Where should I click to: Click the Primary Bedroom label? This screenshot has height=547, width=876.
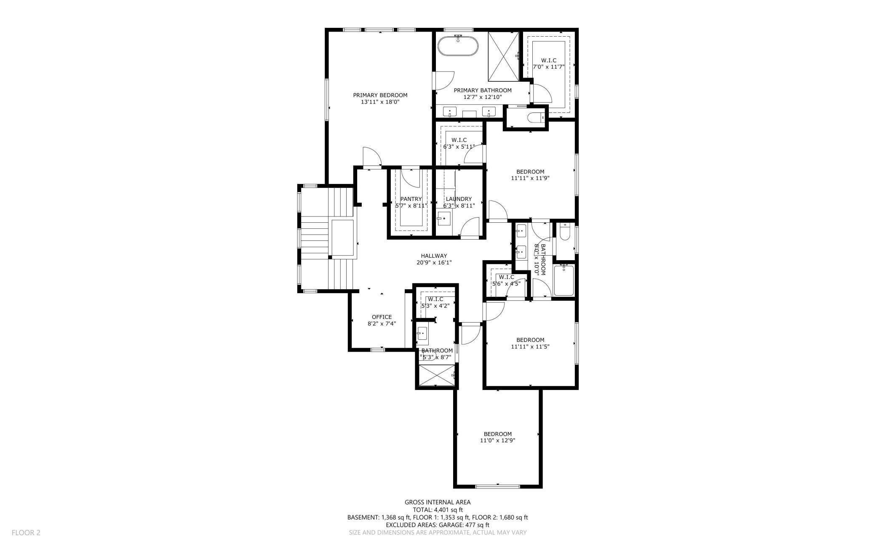tap(380, 95)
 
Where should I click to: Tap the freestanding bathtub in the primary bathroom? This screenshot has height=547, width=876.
tap(458, 46)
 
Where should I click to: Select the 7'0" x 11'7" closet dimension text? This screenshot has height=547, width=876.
tap(548, 67)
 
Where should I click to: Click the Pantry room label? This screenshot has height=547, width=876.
tap(411, 199)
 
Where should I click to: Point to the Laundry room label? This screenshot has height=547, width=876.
tap(459, 199)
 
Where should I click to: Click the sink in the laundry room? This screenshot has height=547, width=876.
tap(444, 219)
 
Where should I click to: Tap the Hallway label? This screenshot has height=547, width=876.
tap(434, 256)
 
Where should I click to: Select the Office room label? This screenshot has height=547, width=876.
tap(382, 317)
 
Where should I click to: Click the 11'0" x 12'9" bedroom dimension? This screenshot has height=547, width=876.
tap(497, 440)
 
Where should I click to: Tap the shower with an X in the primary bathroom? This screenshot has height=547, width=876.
tap(504, 56)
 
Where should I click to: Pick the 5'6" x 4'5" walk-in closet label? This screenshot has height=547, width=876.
tap(506, 280)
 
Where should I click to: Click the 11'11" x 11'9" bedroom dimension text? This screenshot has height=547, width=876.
tap(530, 178)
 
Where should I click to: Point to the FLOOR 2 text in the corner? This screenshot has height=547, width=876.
tap(26, 533)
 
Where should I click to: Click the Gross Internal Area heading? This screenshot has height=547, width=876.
tap(438, 502)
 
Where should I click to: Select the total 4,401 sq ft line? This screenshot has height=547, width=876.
tap(438, 510)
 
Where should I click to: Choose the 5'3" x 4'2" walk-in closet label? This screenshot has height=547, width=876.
tap(435, 303)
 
